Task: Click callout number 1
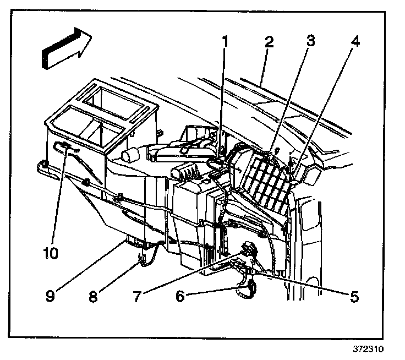coord(225,41)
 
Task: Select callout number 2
coord(269,41)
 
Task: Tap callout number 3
coord(310,41)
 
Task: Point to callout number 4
coord(356,41)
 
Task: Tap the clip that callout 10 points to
coord(65,146)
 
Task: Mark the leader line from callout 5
coord(308,286)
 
